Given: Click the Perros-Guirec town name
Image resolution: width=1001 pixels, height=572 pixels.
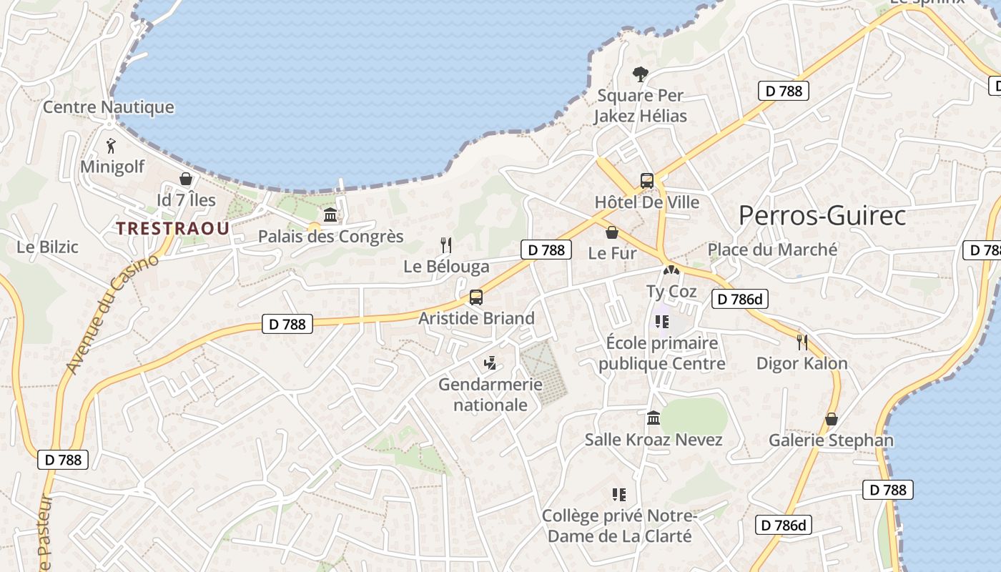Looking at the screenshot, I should pos(822,215).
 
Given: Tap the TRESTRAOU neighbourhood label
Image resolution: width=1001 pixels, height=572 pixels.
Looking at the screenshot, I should pos(173,228).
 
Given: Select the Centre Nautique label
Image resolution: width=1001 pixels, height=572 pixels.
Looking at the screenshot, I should pos(109,107).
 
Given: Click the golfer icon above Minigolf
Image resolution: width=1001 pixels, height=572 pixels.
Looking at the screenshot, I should pos(111,147).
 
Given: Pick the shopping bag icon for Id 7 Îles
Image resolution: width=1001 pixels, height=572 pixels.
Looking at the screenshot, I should pos(186,179).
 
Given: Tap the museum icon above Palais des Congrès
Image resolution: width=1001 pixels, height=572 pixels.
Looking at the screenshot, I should pos(330,214).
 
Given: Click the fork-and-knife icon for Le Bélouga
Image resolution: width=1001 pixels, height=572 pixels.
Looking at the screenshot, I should pos(446,245).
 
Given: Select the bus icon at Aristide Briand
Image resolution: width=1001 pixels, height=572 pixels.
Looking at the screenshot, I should pos(476,297).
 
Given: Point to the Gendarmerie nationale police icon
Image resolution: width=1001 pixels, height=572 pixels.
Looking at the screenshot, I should pos(490,364).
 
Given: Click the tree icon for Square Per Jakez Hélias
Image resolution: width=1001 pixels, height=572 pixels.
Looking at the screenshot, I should pos(641,74).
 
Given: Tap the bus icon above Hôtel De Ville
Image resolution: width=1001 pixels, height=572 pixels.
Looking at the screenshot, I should pos(647,181).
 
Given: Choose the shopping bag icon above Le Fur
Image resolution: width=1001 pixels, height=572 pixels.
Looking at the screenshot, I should pos(612,232).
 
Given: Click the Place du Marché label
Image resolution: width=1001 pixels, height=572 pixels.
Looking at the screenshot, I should pos(772,250).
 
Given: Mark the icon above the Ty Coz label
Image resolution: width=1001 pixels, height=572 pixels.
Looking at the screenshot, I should pos(671,271).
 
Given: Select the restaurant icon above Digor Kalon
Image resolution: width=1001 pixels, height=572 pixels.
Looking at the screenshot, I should pos(802,342).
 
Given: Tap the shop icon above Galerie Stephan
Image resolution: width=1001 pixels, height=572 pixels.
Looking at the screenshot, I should pos(831,419).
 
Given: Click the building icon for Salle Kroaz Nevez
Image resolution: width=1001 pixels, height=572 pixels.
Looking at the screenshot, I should pos(654,418).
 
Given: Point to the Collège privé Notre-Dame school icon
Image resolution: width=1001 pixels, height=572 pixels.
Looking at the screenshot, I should pos(619,494).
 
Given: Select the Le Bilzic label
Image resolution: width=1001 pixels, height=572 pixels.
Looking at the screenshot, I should pos(47,247).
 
